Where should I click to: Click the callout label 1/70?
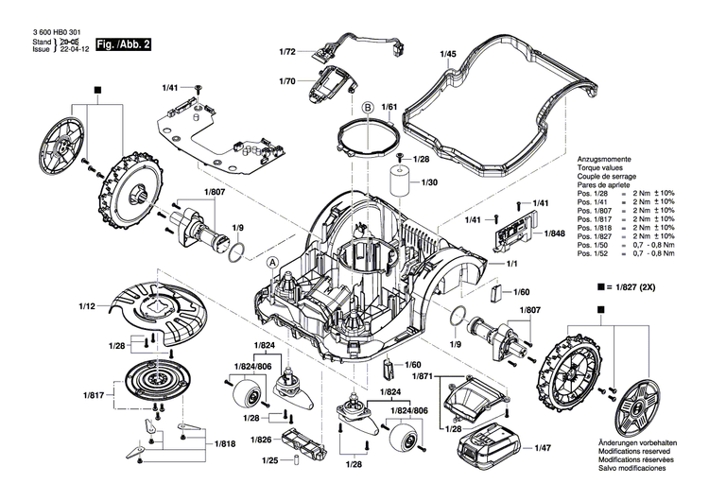click(287, 83)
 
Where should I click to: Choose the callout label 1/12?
click(87, 305)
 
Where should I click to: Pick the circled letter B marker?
click(367, 107)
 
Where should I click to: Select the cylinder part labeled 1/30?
click(399, 179)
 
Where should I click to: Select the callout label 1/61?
click(389, 110)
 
